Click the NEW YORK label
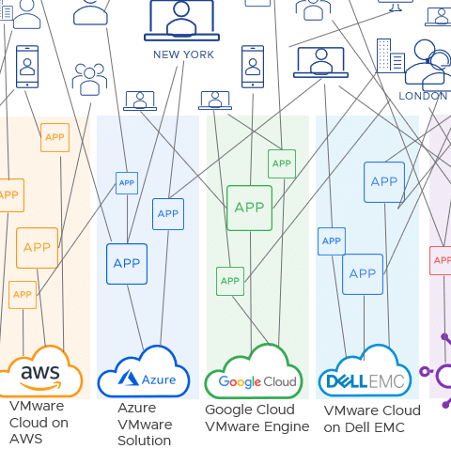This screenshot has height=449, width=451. (183, 54)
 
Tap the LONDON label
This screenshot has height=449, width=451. (423, 96)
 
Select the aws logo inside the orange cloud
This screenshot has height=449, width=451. (40, 377)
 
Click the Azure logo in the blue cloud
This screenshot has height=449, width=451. (147, 379)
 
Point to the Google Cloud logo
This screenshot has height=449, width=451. (257, 381)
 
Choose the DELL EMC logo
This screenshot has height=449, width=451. (365, 381)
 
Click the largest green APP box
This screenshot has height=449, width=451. (249, 208)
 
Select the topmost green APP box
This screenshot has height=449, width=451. (282, 163)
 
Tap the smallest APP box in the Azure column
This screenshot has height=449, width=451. (127, 183)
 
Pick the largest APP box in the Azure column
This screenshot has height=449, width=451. (127, 264)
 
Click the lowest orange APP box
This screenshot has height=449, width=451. (23, 295)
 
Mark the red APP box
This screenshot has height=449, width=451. (441, 260)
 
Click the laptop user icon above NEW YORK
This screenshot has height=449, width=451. (181, 21)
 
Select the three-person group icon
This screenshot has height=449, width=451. (89, 80)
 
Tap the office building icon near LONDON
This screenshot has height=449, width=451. (391, 55)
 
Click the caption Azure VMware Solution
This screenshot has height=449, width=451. (145, 425)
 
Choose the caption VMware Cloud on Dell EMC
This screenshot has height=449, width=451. (372, 419)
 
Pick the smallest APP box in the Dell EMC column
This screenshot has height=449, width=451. (332, 241)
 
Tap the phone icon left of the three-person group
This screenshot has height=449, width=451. (27, 67)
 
